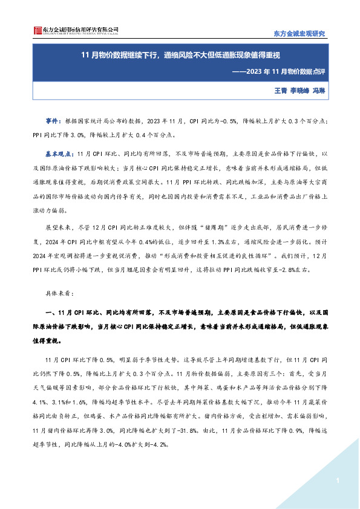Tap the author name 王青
click(280, 90)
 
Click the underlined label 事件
click(53, 121)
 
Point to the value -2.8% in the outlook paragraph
click(300, 270)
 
